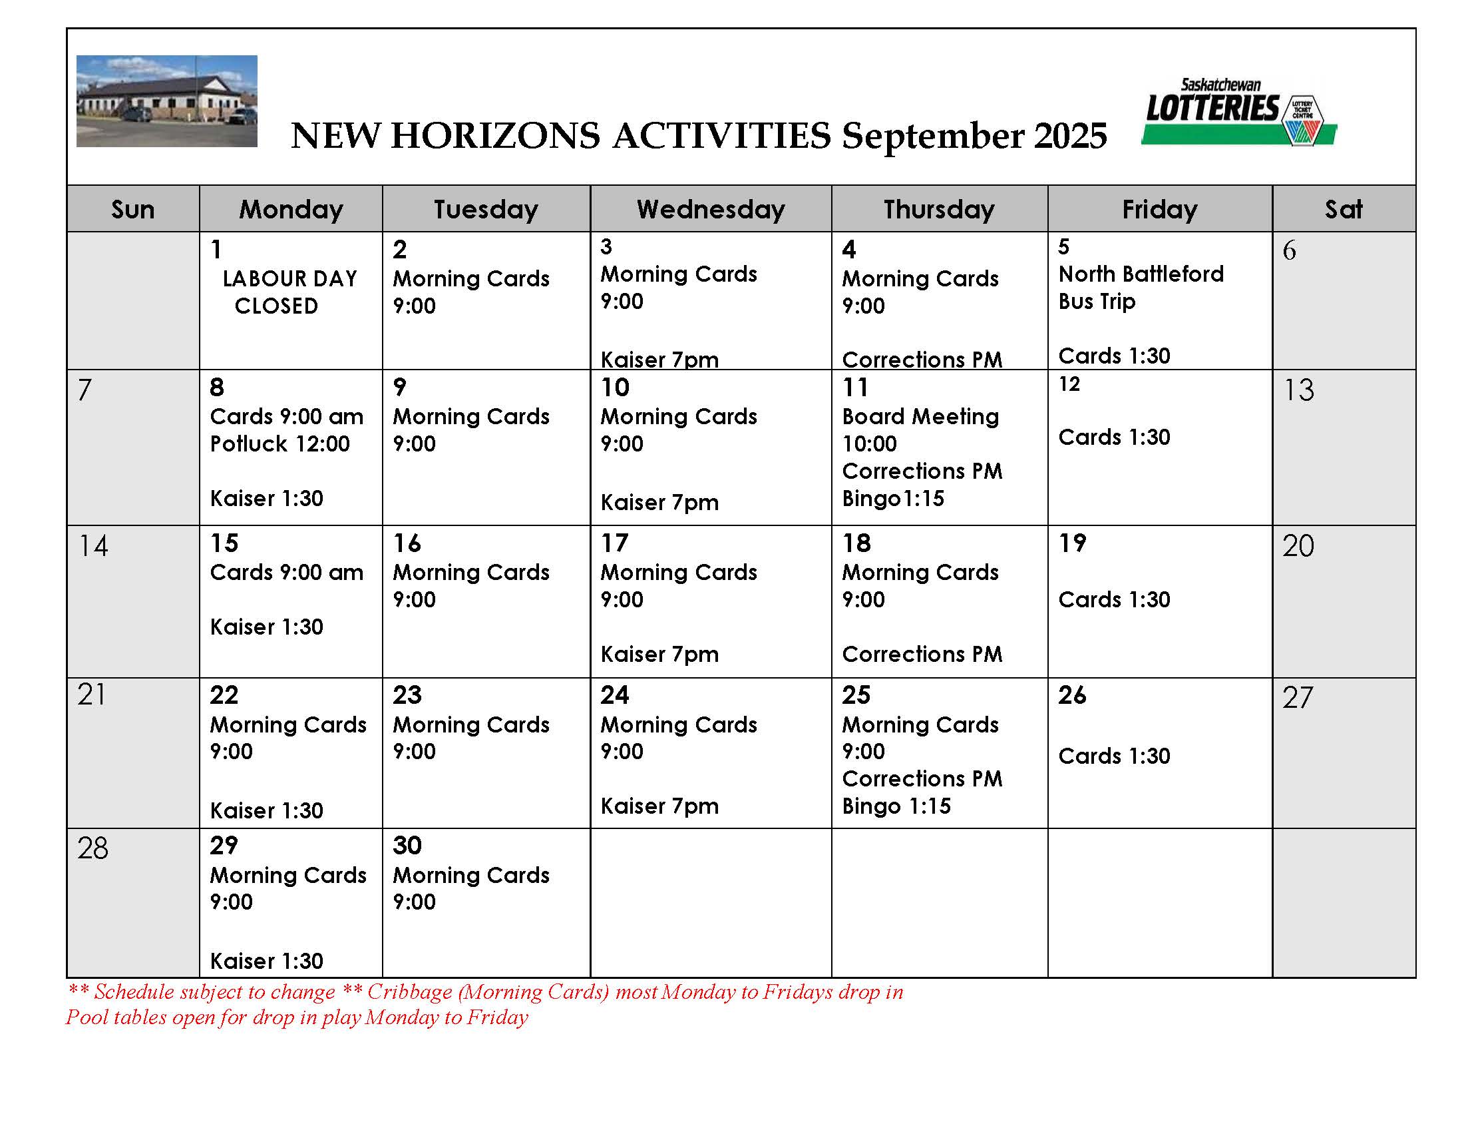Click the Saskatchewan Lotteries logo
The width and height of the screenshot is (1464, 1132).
(x=1238, y=112)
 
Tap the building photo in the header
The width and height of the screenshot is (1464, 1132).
(x=166, y=101)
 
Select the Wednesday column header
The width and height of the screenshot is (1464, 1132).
(x=711, y=209)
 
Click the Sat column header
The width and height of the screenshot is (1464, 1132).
(x=1344, y=209)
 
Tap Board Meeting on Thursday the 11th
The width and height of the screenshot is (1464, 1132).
(x=920, y=416)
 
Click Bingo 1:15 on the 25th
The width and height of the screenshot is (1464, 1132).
(x=896, y=806)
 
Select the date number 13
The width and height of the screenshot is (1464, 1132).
(x=1298, y=390)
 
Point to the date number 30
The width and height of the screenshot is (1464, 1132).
(x=407, y=845)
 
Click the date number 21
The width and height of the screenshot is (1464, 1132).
(x=91, y=695)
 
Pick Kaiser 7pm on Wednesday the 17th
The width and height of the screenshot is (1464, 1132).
(x=659, y=654)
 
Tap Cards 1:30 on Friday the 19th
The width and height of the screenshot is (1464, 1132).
(x=1114, y=599)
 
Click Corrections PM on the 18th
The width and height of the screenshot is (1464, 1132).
(x=922, y=654)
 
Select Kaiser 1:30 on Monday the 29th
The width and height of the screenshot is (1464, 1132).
(x=266, y=961)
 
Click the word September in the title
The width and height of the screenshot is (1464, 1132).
(x=932, y=136)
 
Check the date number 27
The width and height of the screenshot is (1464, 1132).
(x=1298, y=698)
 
